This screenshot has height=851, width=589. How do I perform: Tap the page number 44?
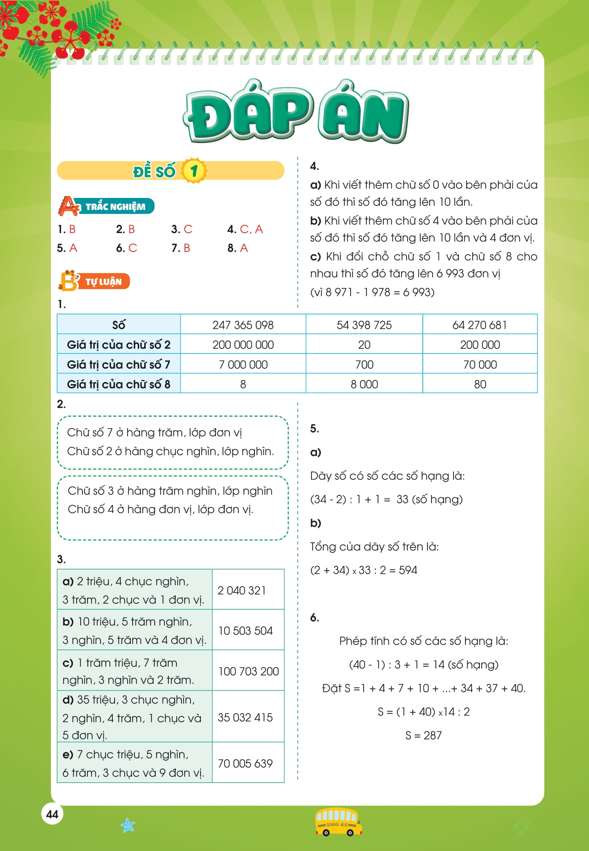click(52, 814)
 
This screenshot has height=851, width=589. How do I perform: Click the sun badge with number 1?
click(194, 171)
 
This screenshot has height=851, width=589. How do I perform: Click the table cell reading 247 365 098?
click(243, 325)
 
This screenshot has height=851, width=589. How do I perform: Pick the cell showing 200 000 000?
click(243, 345)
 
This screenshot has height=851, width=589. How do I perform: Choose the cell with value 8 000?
click(364, 384)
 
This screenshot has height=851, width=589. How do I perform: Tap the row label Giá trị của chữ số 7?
click(119, 364)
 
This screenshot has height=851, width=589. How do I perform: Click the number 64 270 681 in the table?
click(480, 325)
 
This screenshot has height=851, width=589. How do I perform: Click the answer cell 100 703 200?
click(248, 671)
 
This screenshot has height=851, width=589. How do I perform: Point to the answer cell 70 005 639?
click(245, 763)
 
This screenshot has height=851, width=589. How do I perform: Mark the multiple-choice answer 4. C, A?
click(245, 229)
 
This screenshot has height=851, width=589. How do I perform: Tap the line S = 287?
click(423, 735)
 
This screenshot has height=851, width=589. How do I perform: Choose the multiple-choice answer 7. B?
click(180, 248)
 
